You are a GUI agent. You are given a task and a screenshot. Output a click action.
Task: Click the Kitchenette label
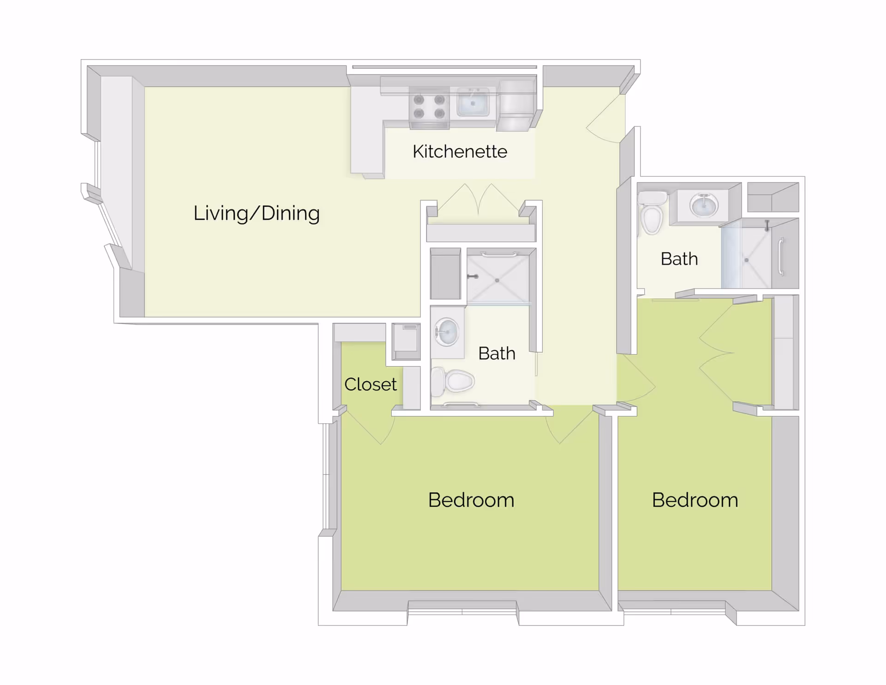[460, 151]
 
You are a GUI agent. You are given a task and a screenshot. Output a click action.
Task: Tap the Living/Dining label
[257, 213]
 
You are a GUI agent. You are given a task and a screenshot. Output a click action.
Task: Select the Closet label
[370, 384]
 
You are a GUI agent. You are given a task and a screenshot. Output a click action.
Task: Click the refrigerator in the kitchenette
[517, 105]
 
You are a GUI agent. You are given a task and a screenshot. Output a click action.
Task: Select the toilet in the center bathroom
[453, 381]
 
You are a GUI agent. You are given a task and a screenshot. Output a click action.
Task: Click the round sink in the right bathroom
[703, 204]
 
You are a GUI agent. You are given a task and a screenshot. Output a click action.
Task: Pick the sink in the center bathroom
[447, 332]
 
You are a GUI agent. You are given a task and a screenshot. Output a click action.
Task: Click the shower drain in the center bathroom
[497, 280]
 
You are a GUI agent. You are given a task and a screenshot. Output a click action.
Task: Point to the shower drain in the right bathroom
[746, 260]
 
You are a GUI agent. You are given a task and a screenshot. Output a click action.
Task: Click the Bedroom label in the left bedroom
[471, 500]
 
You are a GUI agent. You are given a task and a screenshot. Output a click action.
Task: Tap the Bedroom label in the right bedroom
[695, 500]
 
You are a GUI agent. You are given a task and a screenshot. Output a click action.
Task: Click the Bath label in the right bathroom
[679, 259]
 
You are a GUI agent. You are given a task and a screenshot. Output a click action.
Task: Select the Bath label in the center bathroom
[497, 354]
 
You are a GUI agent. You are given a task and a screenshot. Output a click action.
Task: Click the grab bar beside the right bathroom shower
[781, 257]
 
